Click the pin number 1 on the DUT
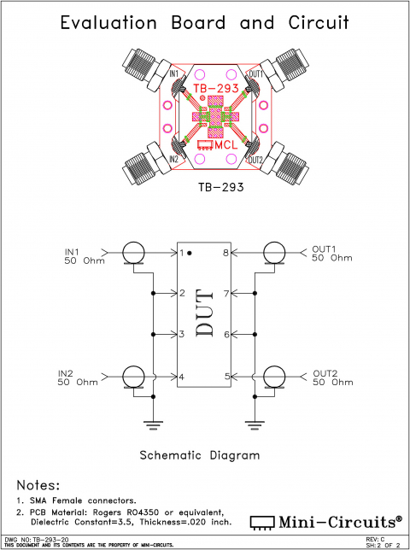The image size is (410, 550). tap(182, 253)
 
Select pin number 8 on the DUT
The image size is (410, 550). tap(226, 253)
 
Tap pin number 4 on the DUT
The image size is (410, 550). tap(182, 377)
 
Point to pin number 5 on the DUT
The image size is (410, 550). tap(226, 377)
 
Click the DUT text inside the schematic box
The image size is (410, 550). tap(204, 315)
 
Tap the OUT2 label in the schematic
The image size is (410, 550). tap(325, 373)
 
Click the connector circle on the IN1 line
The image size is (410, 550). tap(132, 252)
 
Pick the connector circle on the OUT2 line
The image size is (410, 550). tap(273, 376)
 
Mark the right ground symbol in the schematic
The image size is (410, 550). tap(254, 421)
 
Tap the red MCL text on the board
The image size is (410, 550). tap(225, 145)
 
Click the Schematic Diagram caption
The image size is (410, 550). tap(200, 455)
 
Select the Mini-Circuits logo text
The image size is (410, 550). tap(333, 520)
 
